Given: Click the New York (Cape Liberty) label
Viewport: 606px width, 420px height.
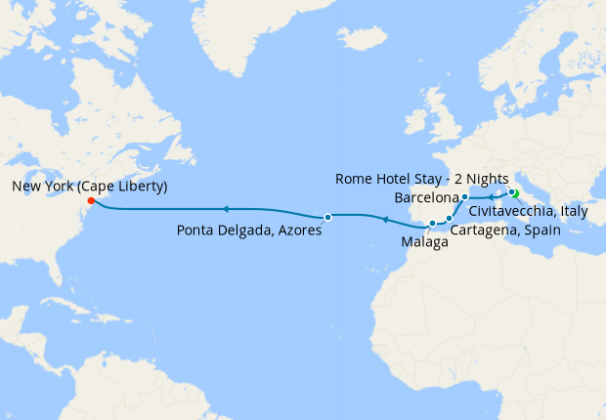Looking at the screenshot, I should (90, 187).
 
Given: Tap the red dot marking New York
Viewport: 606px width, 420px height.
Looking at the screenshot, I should (91, 202).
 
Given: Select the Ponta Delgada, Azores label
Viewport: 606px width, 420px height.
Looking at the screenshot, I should (249, 231).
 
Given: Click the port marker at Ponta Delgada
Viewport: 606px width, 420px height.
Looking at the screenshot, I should (328, 217).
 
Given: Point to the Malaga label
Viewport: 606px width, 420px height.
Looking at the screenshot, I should (424, 243).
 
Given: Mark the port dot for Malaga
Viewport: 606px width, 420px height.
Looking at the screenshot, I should (432, 224).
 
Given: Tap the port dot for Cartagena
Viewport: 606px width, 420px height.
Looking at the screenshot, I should (449, 219).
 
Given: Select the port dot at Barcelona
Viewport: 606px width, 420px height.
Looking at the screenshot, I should (465, 197).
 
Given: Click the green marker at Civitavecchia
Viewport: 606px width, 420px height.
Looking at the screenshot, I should (512, 193).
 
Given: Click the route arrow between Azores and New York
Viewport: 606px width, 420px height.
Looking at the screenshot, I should (225, 208).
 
